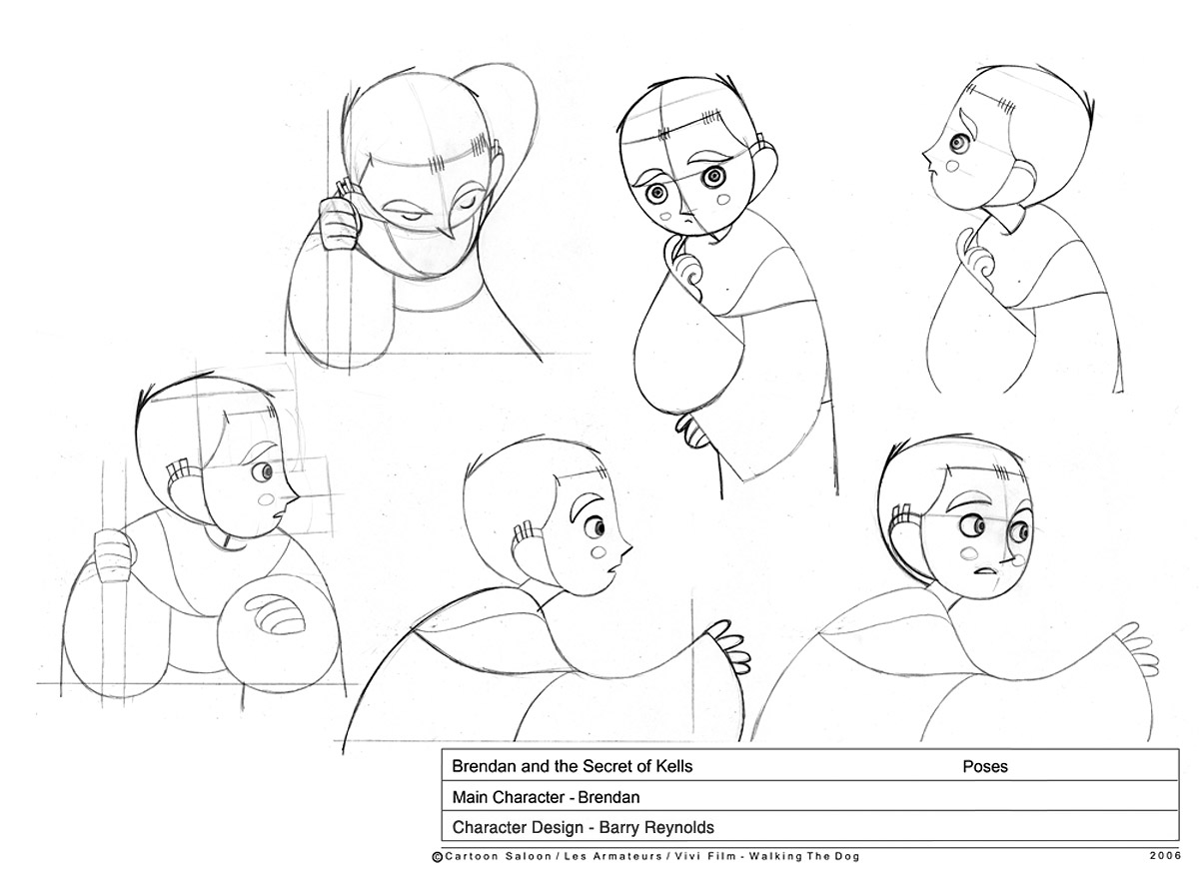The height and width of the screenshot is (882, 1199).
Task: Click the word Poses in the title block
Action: pos(985,766)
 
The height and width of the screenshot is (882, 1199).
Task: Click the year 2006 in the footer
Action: pos(1165,856)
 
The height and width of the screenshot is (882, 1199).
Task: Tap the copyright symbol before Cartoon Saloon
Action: pos(437,857)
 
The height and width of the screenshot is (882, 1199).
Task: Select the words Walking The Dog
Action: pos(804,856)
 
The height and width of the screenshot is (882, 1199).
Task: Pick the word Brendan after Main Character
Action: pos(608,797)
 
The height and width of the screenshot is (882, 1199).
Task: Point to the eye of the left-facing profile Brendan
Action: pos(957,143)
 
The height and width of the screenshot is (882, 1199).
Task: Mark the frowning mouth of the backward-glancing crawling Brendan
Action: pos(985,570)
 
